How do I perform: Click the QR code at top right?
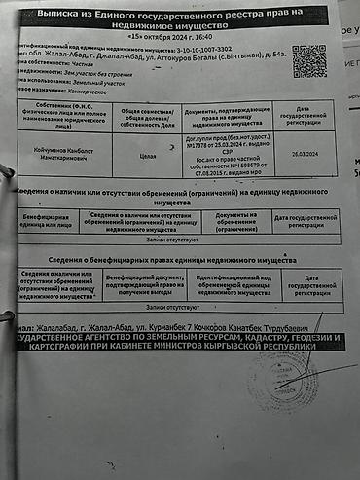coord(308,60)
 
